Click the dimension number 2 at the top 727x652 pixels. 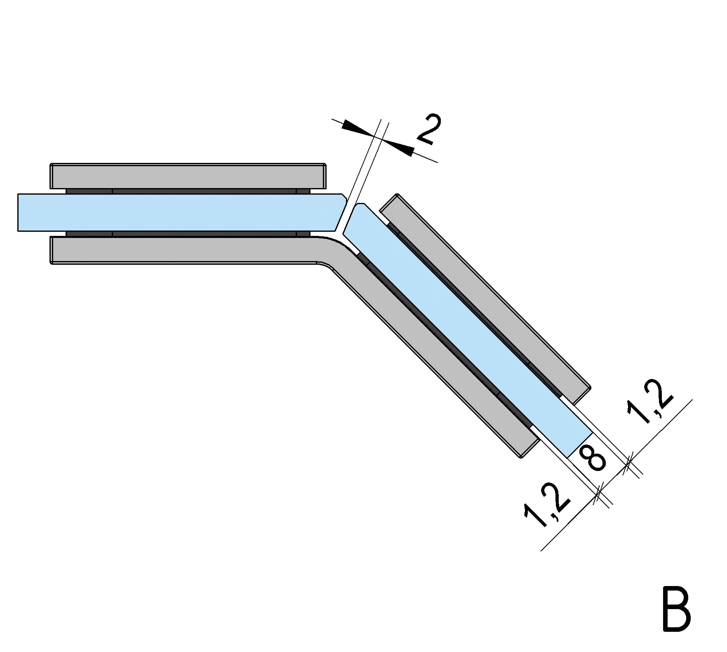[x=429, y=129]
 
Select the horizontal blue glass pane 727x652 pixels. [x=181, y=212]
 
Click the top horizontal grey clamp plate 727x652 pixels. [x=188, y=176]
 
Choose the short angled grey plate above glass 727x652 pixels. [x=485, y=299]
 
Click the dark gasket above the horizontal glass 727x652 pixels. [x=188, y=191]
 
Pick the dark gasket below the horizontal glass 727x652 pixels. [x=188, y=234]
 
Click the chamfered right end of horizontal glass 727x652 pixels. [x=342, y=212]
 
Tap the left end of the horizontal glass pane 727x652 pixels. [x=19, y=212]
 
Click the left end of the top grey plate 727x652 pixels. [x=51, y=176]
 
